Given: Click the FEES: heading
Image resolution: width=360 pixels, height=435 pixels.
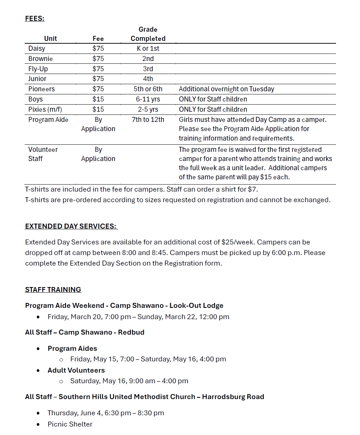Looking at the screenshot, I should (x=35, y=19).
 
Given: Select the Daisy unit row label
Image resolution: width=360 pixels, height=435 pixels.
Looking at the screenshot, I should (x=37, y=49).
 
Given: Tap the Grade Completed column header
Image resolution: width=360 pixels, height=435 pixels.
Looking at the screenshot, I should (x=148, y=34).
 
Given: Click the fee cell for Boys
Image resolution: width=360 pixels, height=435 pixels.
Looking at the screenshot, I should (x=98, y=99).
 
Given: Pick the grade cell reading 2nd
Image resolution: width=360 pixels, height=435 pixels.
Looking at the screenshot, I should (x=148, y=59).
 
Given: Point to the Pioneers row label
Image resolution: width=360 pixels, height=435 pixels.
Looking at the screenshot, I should (x=42, y=89).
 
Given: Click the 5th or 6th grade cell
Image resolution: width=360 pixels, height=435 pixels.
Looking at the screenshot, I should (x=148, y=89).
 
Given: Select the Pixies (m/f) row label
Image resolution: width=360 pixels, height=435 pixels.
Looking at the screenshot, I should (x=45, y=110).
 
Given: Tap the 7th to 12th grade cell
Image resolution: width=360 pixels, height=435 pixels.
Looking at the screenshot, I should (x=148, y=120).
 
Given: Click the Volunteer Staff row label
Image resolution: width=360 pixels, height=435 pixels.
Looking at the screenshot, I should (x=43, y=154).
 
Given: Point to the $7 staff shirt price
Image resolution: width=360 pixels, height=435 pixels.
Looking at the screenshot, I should (x=252, y=189).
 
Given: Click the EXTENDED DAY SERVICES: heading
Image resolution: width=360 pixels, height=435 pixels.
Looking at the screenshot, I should (x=71, y=226).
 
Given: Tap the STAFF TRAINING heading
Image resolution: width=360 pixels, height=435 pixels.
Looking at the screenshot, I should (x=53, y=290).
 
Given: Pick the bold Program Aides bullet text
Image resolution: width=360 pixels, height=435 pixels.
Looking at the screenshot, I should (x=72, y=349).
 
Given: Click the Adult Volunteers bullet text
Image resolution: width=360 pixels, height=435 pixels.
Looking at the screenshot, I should (x=76, y=371).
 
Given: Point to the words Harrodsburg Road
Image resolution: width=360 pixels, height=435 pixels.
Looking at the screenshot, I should (x=233, y=397).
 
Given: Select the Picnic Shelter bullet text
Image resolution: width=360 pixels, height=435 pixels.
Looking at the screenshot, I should (x=70, y=424).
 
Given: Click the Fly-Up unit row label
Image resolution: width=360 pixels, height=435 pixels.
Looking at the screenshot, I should (x=38, y=69).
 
